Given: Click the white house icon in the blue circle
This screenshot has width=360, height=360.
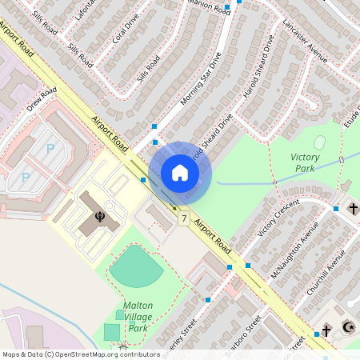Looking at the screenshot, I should (x=180, y=173).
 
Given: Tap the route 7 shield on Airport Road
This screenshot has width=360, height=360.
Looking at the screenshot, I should (x=184, y=218).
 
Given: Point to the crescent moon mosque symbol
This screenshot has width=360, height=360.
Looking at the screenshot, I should (x=346, y=328).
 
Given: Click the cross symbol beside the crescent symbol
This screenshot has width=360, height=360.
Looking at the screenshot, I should (x=326, y=330).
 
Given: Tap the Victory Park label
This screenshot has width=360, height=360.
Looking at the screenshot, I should (x=305, y=162).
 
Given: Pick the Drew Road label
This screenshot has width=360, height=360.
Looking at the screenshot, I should (x=42, y=99).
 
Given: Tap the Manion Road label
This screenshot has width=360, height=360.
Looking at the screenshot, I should (x=201, y=6).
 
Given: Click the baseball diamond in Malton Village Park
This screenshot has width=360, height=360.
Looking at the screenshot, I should (x=136, y=267).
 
